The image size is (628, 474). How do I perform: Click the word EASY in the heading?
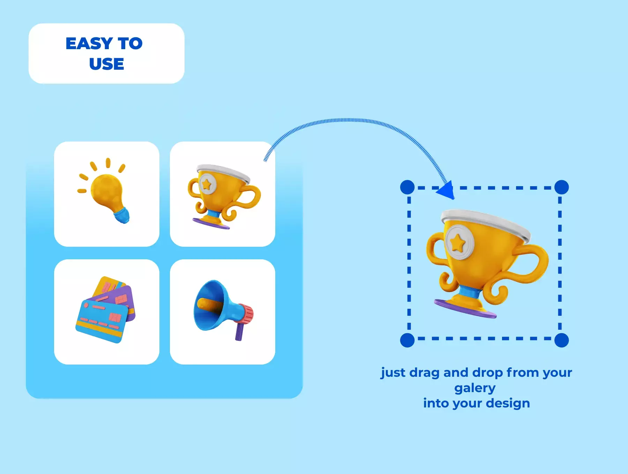pos(89,44)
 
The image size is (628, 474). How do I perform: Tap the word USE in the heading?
pos(107,64)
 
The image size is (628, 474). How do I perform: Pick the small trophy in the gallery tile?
pos(223,197)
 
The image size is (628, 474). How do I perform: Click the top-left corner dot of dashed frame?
pos(407,188)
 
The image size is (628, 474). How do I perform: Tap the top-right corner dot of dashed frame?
pos(561,187)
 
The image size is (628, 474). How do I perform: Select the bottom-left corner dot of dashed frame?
pos(407,340)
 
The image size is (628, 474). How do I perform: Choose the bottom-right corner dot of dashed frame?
pos(561,340)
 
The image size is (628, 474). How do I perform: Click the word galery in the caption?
pos(475,388)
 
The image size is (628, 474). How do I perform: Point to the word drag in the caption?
pos(424,373)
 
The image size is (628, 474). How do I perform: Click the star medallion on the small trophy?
pos(207,184)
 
